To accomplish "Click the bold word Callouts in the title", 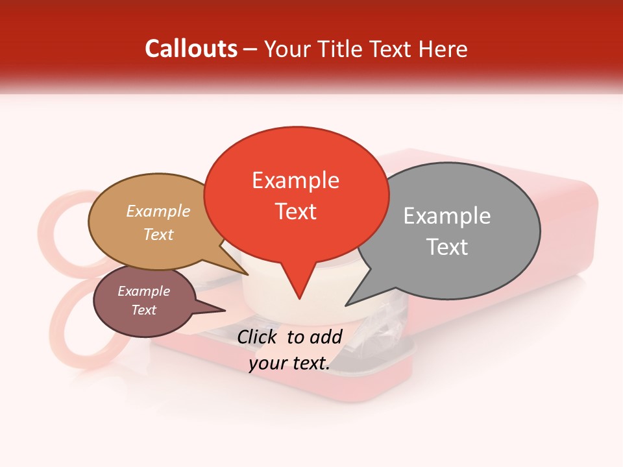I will pos(191,49).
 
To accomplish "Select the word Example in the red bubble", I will pos(295,180).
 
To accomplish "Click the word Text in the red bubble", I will pos(295,211).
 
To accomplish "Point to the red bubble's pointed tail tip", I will pos(299,298).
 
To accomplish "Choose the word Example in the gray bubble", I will pos(446,216).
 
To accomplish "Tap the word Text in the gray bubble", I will pos(446,247).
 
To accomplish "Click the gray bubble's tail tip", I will pos(347,305).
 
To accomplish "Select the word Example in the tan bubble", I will pos(158,211).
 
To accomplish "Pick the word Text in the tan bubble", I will pos(158,234).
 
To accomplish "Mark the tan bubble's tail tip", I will pos(247,274).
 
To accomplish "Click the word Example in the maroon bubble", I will pos(143,291).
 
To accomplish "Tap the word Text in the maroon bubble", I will pos(143,310).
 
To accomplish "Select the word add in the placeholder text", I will pos(326,337).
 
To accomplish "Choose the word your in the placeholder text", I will pos(266,364).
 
